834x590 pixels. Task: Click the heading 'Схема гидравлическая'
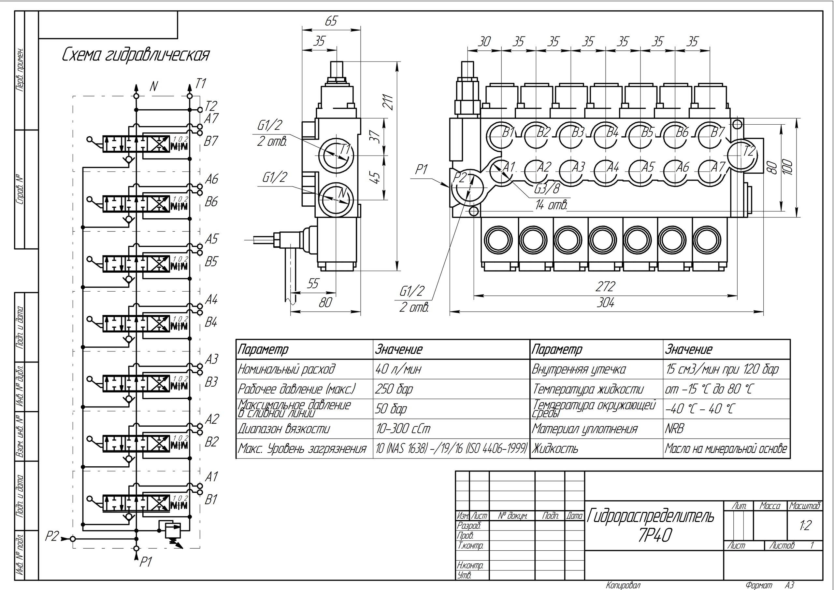tap(135, 55)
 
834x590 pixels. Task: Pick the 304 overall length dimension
tap(605, 303)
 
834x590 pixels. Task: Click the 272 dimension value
tap(605, 287)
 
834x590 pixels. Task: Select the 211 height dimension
tap(388, 103)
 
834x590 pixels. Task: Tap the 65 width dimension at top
tap(331, 21)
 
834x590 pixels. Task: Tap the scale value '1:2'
tap(805, 525)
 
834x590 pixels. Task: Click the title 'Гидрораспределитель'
tap(650, 516)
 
